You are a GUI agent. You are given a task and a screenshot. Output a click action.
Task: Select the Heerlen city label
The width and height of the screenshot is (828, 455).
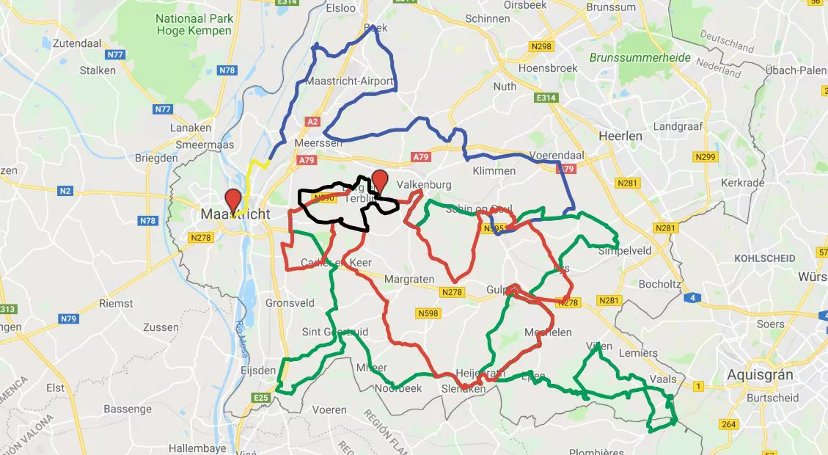tap(620, 136)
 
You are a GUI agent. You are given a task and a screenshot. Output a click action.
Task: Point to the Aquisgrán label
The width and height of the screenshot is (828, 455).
tap(760, 374)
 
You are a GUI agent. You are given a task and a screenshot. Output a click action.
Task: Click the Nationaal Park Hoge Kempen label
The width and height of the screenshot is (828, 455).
tap(194, 24)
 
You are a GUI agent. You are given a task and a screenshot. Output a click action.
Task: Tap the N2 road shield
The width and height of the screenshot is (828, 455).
tap(66, 192)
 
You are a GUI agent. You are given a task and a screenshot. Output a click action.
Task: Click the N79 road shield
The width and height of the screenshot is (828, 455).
tap(68, 318)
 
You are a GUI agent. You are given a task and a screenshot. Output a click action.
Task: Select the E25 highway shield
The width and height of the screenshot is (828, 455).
tap(260, 398)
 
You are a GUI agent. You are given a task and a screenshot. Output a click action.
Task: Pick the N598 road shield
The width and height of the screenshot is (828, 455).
tap(428, 313)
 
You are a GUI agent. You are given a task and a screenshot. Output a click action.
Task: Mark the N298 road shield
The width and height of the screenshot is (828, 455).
tap(541, 46)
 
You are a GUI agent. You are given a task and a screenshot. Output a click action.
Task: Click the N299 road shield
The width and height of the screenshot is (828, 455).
tap(705, 157)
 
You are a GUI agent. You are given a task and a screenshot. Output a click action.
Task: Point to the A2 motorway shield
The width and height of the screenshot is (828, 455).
tap(313, 121)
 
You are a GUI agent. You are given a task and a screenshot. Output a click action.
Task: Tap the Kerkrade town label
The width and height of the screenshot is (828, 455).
tap(742, 183)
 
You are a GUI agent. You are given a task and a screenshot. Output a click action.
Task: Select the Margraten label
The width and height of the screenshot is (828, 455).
tap(410, 280)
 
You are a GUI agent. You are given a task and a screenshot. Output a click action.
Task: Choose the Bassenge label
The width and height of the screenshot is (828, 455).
tap(128, 409)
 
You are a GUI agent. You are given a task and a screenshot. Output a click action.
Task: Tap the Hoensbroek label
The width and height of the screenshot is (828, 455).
tap(548, 68)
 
